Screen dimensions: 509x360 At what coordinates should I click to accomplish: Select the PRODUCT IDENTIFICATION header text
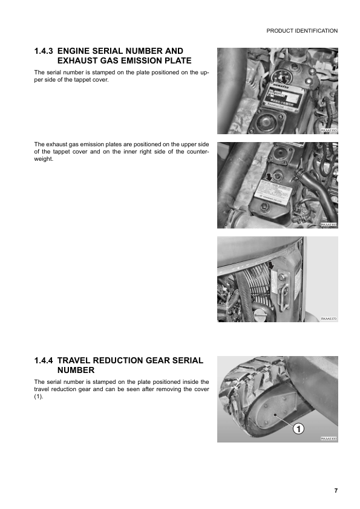302,31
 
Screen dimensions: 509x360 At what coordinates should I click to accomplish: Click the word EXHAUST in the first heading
80,61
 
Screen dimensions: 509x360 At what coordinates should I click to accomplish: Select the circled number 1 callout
298,429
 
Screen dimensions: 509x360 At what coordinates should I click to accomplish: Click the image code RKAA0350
328,130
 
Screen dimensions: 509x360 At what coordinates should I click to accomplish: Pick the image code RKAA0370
328,319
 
